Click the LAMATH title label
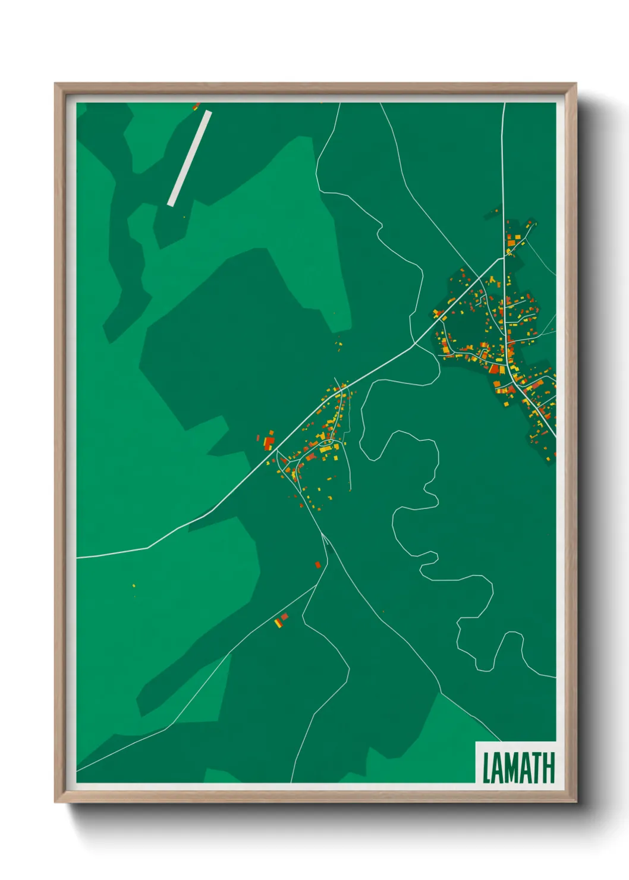pos(518,768)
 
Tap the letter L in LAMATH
pos(486,768)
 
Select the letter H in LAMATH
pos(548,768)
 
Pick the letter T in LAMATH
pos(534,768)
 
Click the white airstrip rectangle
pos(190,158)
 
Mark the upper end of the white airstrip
pos(207,113)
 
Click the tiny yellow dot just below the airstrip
pos(184,217)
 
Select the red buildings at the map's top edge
pos(196,106)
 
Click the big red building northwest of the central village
pos(269,442)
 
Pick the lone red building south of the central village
pos(317,564)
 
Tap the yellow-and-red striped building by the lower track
pos(278,623)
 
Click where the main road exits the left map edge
pos(78,558)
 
